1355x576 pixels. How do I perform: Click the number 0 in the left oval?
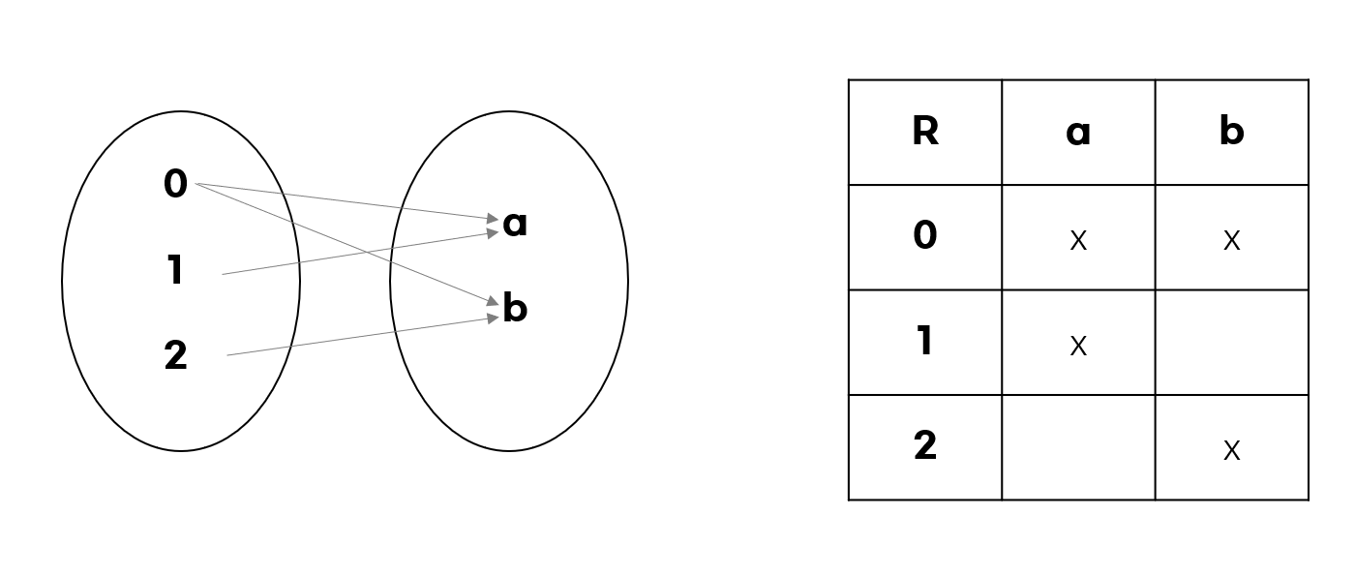(175, 184)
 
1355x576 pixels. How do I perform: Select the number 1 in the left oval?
(175, 270)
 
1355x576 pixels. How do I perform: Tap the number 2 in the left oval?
(175, 356)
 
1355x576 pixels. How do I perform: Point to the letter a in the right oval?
(515, 224)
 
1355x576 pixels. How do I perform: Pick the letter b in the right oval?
(515, 309)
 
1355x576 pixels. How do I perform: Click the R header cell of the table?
(925, 132)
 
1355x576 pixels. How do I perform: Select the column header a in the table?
(1078, 132)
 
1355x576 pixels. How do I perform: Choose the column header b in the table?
(1231, 132)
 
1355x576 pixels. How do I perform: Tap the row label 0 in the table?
(925, 236)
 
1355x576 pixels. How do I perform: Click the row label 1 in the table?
(925, 342)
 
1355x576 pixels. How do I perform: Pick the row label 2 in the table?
(925, 446)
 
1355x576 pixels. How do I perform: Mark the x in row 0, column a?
(1078, 240)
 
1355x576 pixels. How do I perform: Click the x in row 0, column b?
(1231, 240)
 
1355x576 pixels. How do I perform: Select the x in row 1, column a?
(1078, 346)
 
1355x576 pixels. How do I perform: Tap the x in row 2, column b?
(1231, 450)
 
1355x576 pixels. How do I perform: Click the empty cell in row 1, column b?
(1231, 343)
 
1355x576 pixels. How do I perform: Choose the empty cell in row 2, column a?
(1078, 447)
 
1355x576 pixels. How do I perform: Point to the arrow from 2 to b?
(358, 336)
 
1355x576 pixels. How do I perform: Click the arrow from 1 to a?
(358, 253)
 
